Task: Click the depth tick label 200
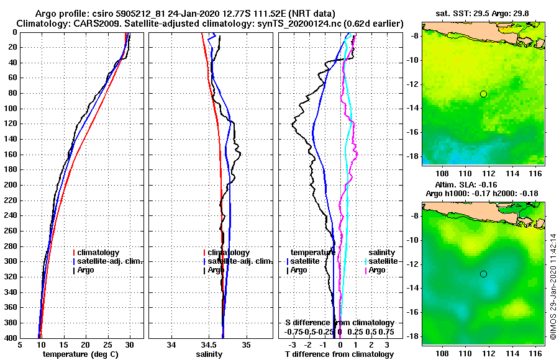click(11, 185)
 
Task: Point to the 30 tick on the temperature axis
click(130, 344)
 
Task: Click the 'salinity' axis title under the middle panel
click(209, 354)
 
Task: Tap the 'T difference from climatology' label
click(339, 354)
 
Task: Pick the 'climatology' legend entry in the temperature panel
click(98, 253)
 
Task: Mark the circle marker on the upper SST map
click(483, 94)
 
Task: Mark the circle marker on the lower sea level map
click(483, 274)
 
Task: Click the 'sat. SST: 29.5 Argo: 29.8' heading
click(483, 14)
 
